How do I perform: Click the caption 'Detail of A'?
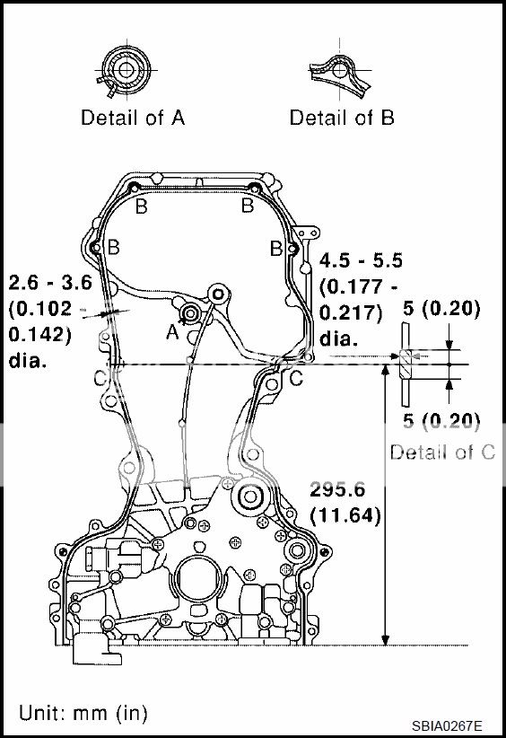(x=133, y=118)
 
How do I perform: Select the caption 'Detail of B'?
(x=342, y=118)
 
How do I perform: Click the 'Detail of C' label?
(x=441, y=452)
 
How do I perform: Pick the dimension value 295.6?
(x=337, y=490)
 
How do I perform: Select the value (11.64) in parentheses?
(x=345, y=515)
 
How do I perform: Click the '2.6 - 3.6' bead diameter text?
(x=50, y=283)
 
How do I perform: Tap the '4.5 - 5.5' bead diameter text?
(x=362, y=261)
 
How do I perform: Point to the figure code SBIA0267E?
(x=448, y=725)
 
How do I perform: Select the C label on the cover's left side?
(x=99, y=378)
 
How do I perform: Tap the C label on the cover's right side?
(x=295, y=379)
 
